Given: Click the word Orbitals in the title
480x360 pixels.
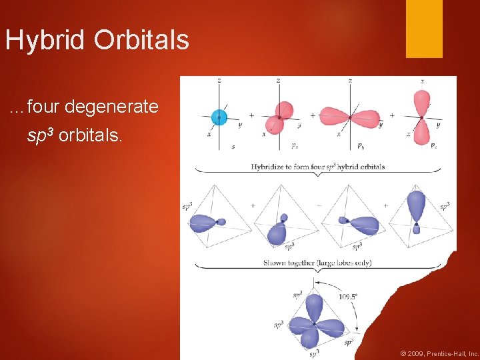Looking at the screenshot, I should [x=141, y=40].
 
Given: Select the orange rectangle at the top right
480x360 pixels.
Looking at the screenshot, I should [x=424, y=29].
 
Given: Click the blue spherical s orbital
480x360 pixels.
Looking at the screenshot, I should [x=219, y=118].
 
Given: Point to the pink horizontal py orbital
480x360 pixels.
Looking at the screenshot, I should [x=349, y=117].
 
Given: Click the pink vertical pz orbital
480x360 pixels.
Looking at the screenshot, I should [x=421, y=118].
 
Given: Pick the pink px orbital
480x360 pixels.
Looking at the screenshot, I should [x=281, y=116].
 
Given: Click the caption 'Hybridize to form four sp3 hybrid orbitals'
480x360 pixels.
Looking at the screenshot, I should [x=317, y=166].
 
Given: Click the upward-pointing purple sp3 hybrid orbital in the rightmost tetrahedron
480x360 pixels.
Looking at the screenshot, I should [x=416, y=205].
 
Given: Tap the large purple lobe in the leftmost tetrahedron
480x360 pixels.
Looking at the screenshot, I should [x=203, y=223].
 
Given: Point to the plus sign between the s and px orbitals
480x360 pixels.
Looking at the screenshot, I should [x=251, y=115].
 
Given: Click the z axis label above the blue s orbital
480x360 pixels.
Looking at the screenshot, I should [x=219, y=81].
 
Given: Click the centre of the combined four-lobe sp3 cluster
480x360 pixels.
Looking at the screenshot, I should [x=311, y=323].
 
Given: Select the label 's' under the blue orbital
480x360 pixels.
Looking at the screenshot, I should [x=233, y=146].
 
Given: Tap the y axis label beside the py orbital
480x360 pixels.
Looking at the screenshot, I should [x=380, y=125].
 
